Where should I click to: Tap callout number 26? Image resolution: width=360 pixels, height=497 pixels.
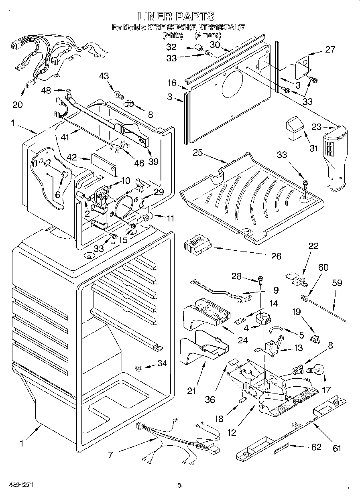[276, 256]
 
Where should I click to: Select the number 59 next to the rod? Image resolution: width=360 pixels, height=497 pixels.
[337, 283]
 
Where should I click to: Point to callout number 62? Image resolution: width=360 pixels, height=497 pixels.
[317, 447]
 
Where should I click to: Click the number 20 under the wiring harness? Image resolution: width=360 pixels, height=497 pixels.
[18, 105]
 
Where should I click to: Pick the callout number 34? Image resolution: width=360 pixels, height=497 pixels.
[162, 364]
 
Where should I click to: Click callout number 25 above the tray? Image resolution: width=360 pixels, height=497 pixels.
[197, 153]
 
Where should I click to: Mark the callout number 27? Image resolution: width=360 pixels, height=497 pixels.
[330, 50]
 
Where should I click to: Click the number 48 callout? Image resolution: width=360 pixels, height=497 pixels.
[46, 91]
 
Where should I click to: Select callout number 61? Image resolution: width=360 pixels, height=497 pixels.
[336, 448]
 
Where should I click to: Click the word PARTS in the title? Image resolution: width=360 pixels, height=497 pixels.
[195, 16]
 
